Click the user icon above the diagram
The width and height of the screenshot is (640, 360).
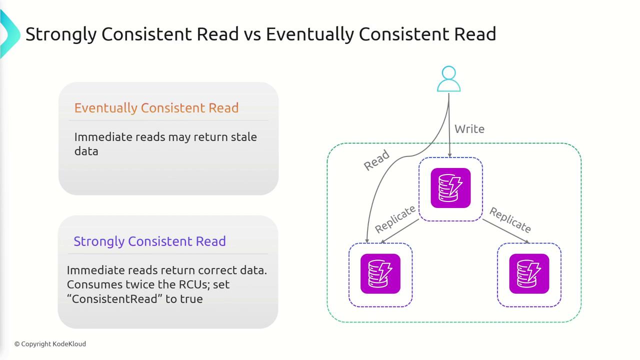(x=448, y=79)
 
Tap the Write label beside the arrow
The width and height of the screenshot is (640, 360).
(x=469, y=129)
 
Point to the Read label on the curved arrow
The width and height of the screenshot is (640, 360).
(x=376, y=160)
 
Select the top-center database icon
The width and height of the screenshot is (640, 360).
(x=450, y=188)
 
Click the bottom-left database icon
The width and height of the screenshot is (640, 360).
(x=380, y=274)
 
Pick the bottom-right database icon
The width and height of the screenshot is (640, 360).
(x=529, y=274)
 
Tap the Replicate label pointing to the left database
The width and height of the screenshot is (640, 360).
(x=395, y=219)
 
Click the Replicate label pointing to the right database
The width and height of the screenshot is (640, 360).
(x=509, y=220)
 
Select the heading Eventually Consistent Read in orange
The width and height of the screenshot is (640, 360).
(x=156, y=108)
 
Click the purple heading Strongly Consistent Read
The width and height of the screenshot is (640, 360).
(x=149, y=241)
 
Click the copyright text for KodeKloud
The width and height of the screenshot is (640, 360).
(x=50, y=344)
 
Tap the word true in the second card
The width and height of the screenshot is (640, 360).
(x=192, y=299)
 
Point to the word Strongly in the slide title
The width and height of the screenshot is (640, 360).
(x=60, y=34)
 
